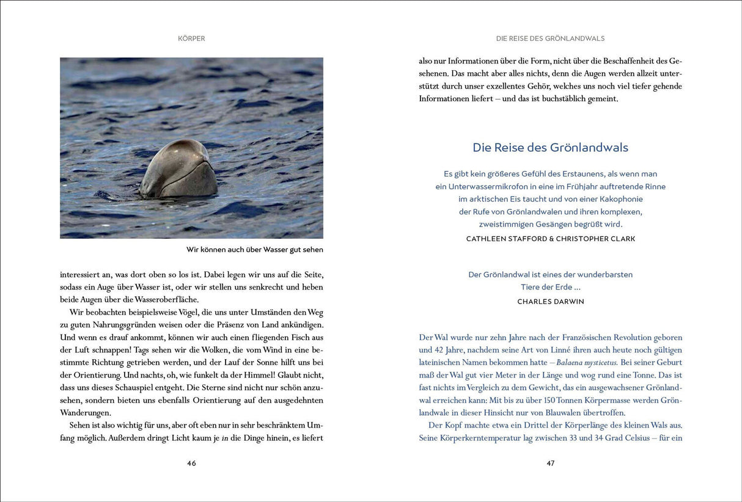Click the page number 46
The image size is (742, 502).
pyautogui.click(x=191, y=463)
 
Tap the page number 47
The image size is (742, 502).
pyautogui.click(x=550, y=463)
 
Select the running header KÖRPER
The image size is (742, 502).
pyautogui.click(x=191, y=38)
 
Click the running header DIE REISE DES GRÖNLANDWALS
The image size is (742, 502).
pyautogui.click(x=550, y=38)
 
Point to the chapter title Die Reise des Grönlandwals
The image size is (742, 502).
pyautogui.click(x=550, y=147)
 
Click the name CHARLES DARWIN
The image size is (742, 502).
pyautogui.click(x=551, y=302)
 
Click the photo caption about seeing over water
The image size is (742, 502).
pyautogui.click(x=254, y=249)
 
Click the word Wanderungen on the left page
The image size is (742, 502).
pyautogui.click(x=86, y=413)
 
